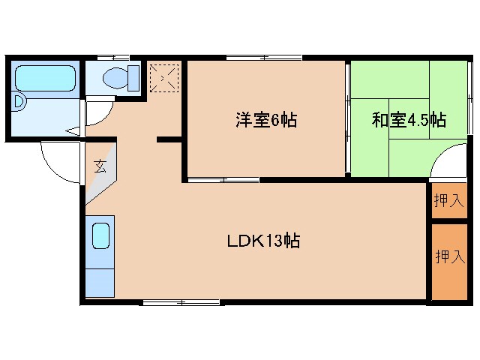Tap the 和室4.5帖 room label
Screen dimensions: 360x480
pos(409,120)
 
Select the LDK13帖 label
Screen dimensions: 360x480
pos(264,241)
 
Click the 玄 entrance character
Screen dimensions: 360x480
pos(100,166)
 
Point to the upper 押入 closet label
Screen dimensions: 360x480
pos(449,200)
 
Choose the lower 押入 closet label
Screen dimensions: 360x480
pos(449,256)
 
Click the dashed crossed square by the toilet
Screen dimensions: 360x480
pos(164,76)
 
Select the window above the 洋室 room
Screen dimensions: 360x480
pos(264,58)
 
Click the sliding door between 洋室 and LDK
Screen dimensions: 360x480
pos(223,179)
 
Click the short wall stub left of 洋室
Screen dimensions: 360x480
pos(169,139)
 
